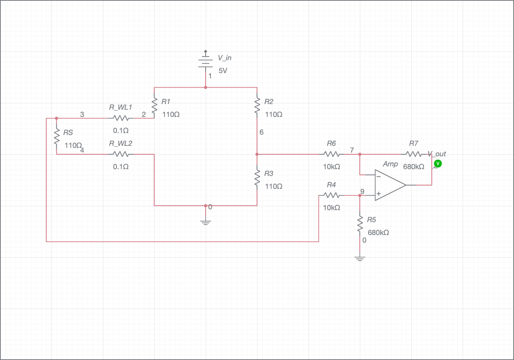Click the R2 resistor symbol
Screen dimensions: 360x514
(x=257, y=105)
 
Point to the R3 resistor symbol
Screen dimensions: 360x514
(x=257, y=177)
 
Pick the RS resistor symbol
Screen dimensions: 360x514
(x=56, y=136)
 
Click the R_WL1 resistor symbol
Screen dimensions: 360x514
(x=120, y=118)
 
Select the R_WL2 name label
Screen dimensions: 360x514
(x=120, y=143)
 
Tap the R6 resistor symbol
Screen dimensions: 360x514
(x=332, y=154)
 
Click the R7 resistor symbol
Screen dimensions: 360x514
(x=414, y=154)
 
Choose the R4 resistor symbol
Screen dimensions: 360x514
(x=332, y=195)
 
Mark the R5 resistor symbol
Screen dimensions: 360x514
(x=360, y=224)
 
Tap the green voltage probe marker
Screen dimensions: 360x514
(x=438, y=164)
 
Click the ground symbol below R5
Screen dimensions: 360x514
(x=360, y=259)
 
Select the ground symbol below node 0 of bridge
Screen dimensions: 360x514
(x=206, y=222)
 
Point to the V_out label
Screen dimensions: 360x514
(x=437, y=154)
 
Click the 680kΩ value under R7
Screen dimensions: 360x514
(x=414, y=167)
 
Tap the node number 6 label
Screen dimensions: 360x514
(x=261, y=132)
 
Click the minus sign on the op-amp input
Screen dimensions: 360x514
(x=379, y=176)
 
